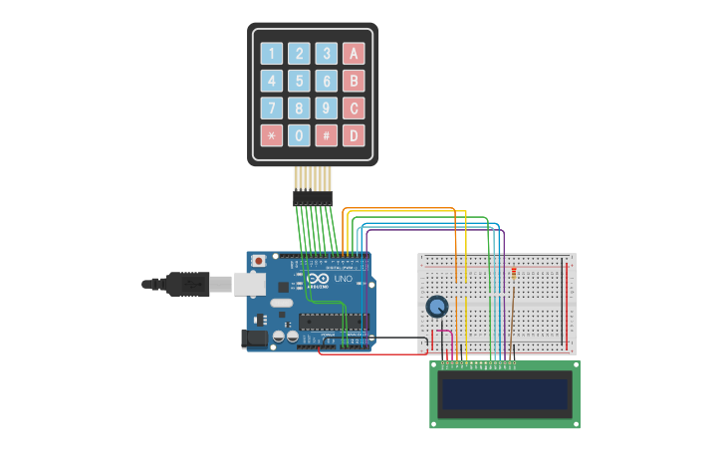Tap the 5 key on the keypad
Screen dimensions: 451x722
(299, 81)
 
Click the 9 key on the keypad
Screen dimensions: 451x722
(326, 108)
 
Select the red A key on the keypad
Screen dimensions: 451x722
(354, 54)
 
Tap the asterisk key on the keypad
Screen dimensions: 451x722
(271, 135)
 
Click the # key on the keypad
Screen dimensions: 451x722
(326, 135)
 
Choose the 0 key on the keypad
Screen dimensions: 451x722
(299, 135)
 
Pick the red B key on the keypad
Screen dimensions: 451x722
(354, 81)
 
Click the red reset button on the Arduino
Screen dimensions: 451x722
(259, 261)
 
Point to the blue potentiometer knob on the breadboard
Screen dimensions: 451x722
(437, 307)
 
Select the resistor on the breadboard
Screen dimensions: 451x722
(514, 271)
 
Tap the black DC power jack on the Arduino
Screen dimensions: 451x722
(255, 338)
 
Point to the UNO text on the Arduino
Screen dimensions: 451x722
(342, 280)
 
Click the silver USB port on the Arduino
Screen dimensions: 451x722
(249, 284)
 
